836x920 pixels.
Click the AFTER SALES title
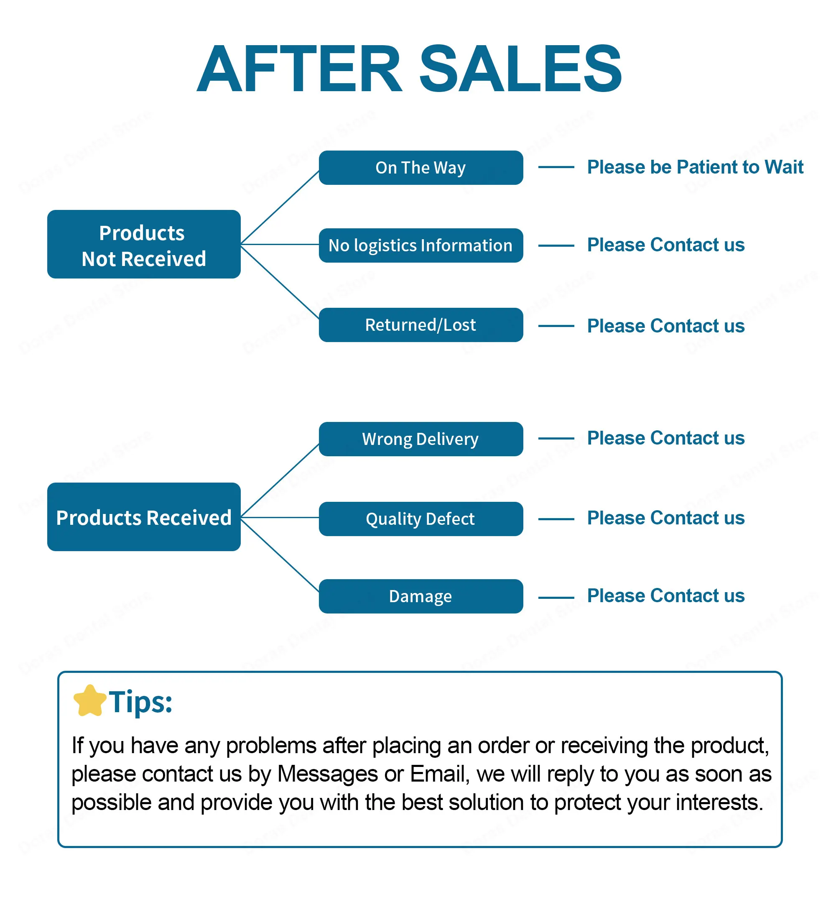click(x=409, y=69)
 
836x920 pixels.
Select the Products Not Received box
click(x=144, y=244)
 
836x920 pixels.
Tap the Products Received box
click(x=144, y=517)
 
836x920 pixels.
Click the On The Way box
click(x=421, y=167)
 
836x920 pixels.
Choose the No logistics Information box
click(x=421, y=245)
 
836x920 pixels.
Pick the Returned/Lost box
click(x=421, y=325)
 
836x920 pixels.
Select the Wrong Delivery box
click(x=421, y=439)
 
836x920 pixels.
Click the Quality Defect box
click(x=421, y=519)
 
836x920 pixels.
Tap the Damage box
click(x=421, y=596)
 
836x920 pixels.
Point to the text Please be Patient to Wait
click(x=695, y=167)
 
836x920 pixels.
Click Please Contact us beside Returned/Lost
click(x=666, y=326)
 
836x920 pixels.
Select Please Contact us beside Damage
click(x=666, y=595)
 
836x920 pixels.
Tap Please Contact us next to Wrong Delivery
click(x=666, y=438)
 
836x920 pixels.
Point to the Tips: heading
click(x=140, y=702)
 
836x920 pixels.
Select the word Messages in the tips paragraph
click(x=327, y=775)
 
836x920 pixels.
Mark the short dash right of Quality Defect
click(x=556, y=519)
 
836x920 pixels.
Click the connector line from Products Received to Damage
click(x=280, y=555)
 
